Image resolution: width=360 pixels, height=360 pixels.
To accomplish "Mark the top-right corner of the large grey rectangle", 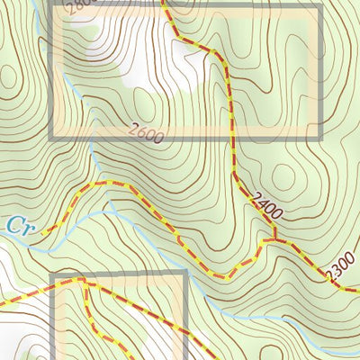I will (319, 6).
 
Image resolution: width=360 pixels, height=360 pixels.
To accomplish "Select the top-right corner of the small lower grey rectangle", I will (184, 274).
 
